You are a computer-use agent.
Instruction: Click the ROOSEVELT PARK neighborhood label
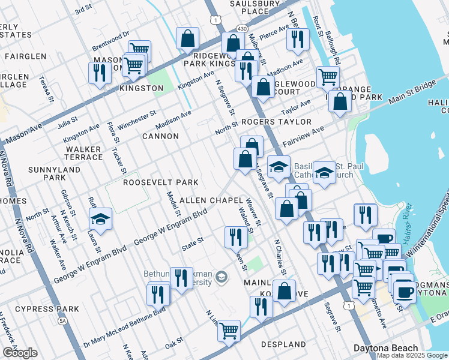point(160,182)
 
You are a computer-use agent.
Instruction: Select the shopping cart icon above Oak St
point(229,329)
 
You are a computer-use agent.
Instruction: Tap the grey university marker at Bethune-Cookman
point(221,277)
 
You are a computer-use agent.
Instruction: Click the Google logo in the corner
point(20,353)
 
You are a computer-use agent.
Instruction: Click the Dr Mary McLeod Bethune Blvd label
point(124,326)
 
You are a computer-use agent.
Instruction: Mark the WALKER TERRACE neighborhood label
point(84,153)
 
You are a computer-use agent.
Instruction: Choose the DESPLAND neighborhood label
point(283,344)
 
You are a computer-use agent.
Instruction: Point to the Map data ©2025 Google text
point(411,355)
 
